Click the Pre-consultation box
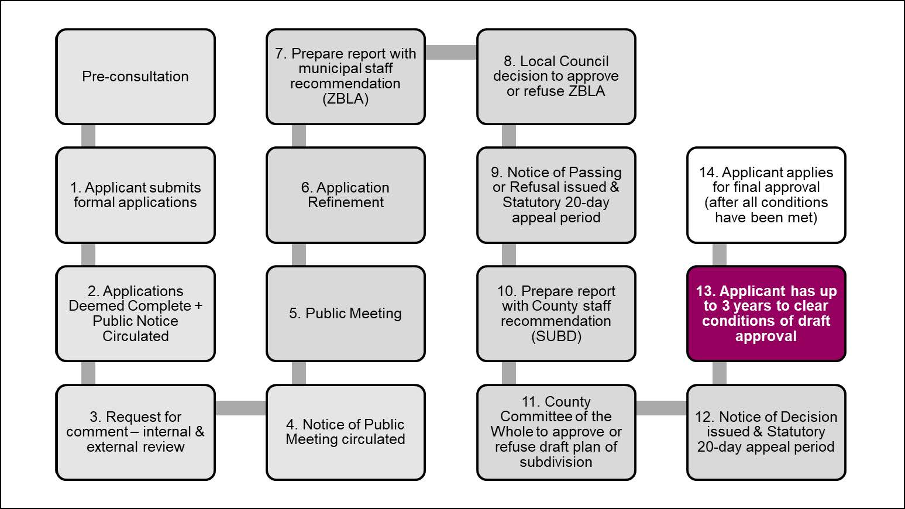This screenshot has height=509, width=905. (135, 77)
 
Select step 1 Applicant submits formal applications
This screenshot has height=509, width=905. (135, 195)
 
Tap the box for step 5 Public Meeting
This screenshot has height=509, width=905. (345, 314)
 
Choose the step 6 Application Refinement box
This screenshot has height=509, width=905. (345, 195)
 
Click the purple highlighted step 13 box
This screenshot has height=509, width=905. (766, 314)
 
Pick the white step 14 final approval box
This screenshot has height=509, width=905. (766, 195)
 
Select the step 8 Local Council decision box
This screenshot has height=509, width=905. (556, 77)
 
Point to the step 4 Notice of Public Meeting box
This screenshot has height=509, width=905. (345, 432)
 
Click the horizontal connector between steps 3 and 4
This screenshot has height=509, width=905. (240, 408)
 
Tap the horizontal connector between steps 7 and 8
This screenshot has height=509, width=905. (450, 53)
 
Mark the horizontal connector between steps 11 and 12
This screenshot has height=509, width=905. (661, 408)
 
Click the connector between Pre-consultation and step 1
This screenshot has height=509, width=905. (88, 136)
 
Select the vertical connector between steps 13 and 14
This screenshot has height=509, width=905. (720, 254)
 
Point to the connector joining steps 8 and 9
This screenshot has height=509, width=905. (509, 136)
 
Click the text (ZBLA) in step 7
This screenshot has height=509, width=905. (345, 99)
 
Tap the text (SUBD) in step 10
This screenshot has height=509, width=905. (556, 336)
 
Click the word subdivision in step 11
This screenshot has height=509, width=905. (556, 462)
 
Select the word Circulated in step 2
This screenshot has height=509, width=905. (135, 336)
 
